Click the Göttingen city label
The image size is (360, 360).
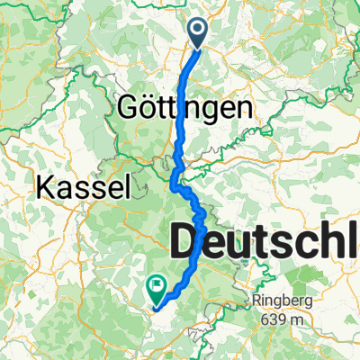point(184,109)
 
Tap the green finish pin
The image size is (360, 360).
point(157,288)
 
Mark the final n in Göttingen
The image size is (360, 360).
point(240,110)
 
